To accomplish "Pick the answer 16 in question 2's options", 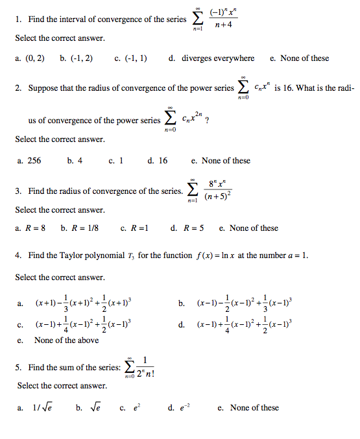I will (x=162, y=161).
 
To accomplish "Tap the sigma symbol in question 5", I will (x=131, y=368).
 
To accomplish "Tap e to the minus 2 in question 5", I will (x=182, y=408).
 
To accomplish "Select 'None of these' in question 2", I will (x=225, y=161).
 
